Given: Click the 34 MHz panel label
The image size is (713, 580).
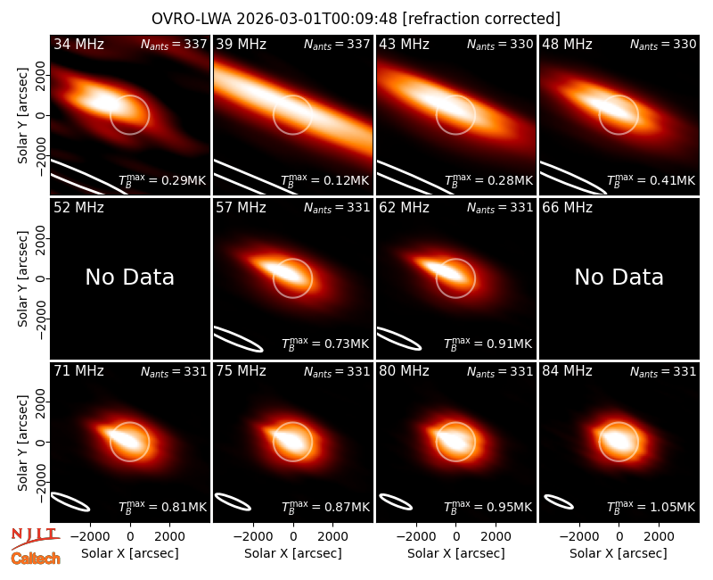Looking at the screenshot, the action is coord(78,44).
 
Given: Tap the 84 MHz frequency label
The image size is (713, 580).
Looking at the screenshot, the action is coord(567,371).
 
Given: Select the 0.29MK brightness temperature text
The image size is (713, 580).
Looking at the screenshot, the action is coord(177,181).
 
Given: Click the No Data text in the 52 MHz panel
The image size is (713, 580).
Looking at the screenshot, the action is coord(130,277).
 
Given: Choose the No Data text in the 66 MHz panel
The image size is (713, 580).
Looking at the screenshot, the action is coord(619,277).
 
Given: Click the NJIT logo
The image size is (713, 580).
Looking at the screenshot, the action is coord(35,537).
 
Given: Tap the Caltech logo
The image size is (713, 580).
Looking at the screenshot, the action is coord(36,559).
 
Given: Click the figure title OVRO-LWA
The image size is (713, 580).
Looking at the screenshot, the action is coord(192,19).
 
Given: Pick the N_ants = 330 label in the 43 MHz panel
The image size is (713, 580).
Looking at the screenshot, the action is coord(500,45).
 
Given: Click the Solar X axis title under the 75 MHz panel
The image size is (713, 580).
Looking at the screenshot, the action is coord(293,553).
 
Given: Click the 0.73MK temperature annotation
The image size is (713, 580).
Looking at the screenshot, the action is coord(340,344).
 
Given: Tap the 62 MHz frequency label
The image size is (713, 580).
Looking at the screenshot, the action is coord(405,208).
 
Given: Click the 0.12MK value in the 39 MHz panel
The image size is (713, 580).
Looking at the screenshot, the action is coord(340,181).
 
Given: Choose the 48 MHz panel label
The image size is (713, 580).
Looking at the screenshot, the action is coord(567,44).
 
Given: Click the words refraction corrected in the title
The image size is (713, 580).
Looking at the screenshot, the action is coord(481,19).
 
